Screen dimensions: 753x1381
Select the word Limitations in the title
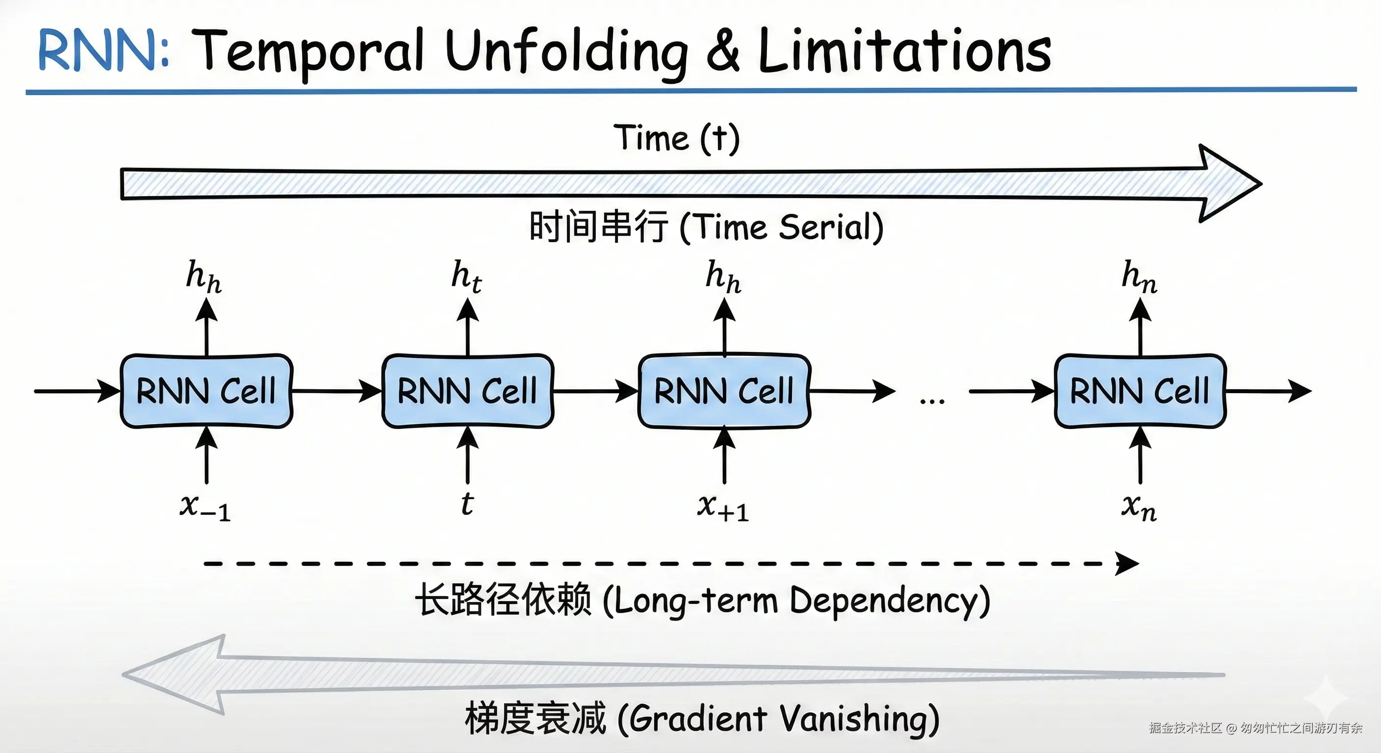[904, 50]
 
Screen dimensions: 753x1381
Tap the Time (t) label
[677, 138]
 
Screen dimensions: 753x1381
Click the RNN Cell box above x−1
[206, 391]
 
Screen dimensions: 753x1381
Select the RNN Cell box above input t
[467, 391]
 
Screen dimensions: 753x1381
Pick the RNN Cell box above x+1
[724, 391]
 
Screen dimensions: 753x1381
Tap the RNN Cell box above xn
[1140, 391]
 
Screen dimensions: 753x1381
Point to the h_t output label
[466, 276]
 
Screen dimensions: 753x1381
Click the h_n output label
[1139, 276]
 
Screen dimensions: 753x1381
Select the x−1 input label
[205, 506]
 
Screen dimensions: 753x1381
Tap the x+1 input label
[723, 506]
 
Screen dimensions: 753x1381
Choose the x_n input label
[1139, 506]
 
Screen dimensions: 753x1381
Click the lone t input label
[467, 504]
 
